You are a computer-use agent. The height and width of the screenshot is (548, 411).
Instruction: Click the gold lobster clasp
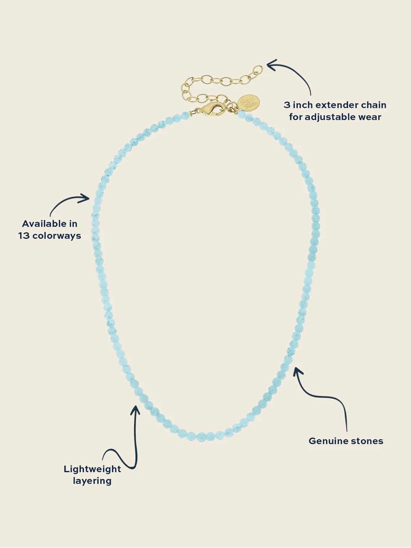(x=212, y=109)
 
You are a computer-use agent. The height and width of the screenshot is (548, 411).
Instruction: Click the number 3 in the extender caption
(x=287, y=105)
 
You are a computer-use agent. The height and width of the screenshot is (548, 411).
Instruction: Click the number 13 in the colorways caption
(x=24, y=236)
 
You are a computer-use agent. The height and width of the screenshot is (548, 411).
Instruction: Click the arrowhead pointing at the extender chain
(x=272, y=65)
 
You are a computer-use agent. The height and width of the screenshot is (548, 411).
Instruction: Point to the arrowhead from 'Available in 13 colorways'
(x=84, y=198)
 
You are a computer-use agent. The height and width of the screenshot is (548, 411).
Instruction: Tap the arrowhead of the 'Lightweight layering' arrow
(x=136, y=410)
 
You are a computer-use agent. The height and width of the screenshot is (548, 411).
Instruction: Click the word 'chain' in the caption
(x=374, y=105)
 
